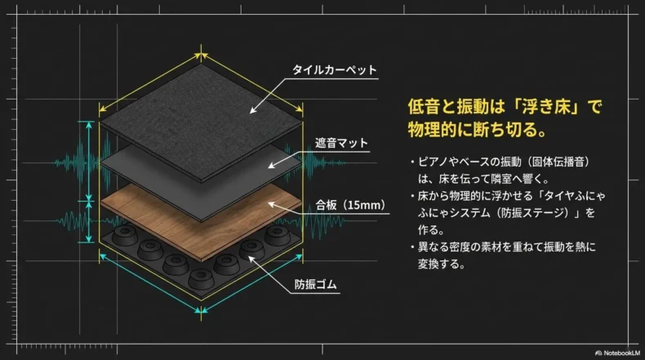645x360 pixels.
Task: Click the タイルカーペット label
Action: click(x=335, y=70)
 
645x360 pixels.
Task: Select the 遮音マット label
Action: click(x=341, y=144)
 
